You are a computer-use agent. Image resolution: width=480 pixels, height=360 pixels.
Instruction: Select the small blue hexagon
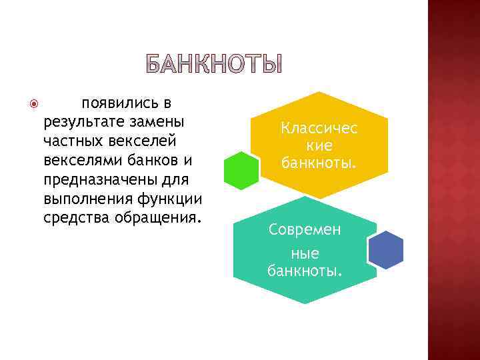point(386,250)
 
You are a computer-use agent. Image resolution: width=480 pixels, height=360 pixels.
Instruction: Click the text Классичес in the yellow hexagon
point(319,128)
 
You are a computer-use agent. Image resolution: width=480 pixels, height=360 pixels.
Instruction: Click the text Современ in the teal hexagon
point(305,229)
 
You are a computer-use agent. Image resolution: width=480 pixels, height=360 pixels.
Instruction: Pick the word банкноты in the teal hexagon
point(305,271)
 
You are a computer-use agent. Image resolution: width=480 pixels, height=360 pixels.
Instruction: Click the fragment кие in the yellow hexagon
point(319,145)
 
